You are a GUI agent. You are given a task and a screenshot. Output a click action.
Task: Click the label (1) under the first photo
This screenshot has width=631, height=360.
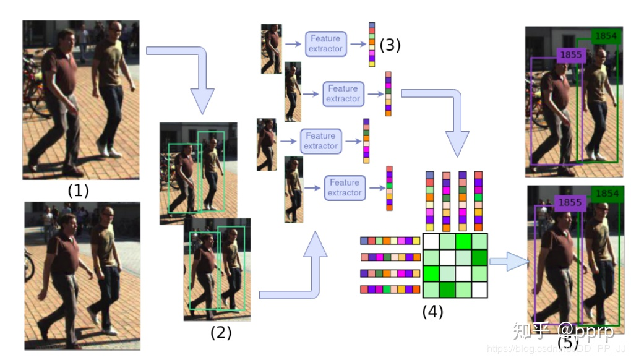pos(79,191)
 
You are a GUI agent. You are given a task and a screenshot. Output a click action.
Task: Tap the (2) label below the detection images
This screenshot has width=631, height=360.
pos(221,333)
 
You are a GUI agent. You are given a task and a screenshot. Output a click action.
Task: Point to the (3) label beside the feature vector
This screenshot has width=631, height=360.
pos(390,45)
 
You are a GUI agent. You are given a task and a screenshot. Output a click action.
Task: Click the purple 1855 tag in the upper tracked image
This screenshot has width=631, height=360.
pos(571,55)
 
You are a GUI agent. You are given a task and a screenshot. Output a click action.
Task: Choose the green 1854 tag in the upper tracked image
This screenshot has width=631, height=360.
pos(606,36)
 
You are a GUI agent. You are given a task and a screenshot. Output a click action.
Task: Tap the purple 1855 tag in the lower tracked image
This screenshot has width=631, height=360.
pos(570,202)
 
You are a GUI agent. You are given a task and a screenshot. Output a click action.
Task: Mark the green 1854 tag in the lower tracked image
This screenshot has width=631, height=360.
pos(606,194)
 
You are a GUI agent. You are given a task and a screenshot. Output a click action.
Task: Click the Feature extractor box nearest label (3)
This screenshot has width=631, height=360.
pos(325,44)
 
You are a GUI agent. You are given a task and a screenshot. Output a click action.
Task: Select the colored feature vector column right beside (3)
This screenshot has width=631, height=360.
pos(372,45)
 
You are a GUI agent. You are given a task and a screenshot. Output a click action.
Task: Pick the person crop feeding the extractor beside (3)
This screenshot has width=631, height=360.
pos(271,48)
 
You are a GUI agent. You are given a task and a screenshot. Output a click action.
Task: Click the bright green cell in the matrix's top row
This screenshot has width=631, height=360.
pos(463,241)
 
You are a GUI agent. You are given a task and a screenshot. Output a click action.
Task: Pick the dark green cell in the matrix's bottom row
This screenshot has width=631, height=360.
pos(447,289)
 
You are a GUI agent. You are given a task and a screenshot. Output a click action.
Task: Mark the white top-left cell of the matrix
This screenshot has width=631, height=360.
pos(431,241)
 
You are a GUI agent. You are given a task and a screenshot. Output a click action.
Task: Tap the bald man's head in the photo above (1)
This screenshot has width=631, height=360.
pos(115,28)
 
